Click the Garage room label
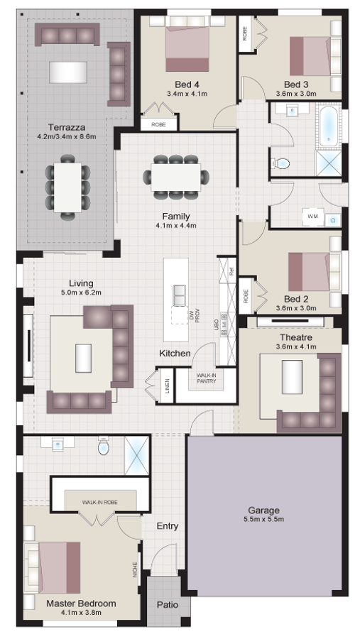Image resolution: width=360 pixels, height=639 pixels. click(263, 510)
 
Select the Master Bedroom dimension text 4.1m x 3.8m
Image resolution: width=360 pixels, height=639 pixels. click(81, 612)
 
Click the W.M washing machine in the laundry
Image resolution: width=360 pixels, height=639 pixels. click(312, 215)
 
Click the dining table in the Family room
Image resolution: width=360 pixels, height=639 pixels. click(176, 175)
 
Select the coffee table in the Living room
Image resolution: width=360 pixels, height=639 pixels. click(84, 354)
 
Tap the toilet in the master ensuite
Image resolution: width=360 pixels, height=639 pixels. click(103, 448)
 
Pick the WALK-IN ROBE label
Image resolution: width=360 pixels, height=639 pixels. click(99, 502)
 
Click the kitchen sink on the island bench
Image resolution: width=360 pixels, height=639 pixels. click(179, 292)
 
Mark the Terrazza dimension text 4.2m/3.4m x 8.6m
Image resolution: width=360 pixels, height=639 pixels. click(67, 136)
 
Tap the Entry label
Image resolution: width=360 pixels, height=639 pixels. click(167, 526)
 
